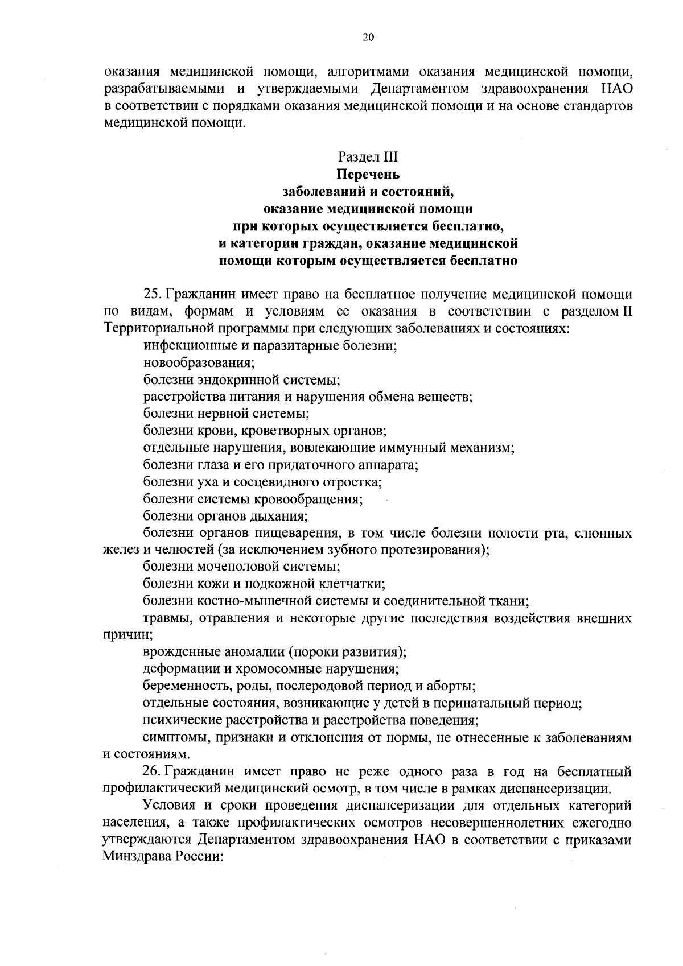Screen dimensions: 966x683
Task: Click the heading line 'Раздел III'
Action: point(368,156)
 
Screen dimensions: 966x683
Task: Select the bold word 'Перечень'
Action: point(368,174)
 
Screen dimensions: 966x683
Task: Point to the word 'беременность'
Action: point(180,686)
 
